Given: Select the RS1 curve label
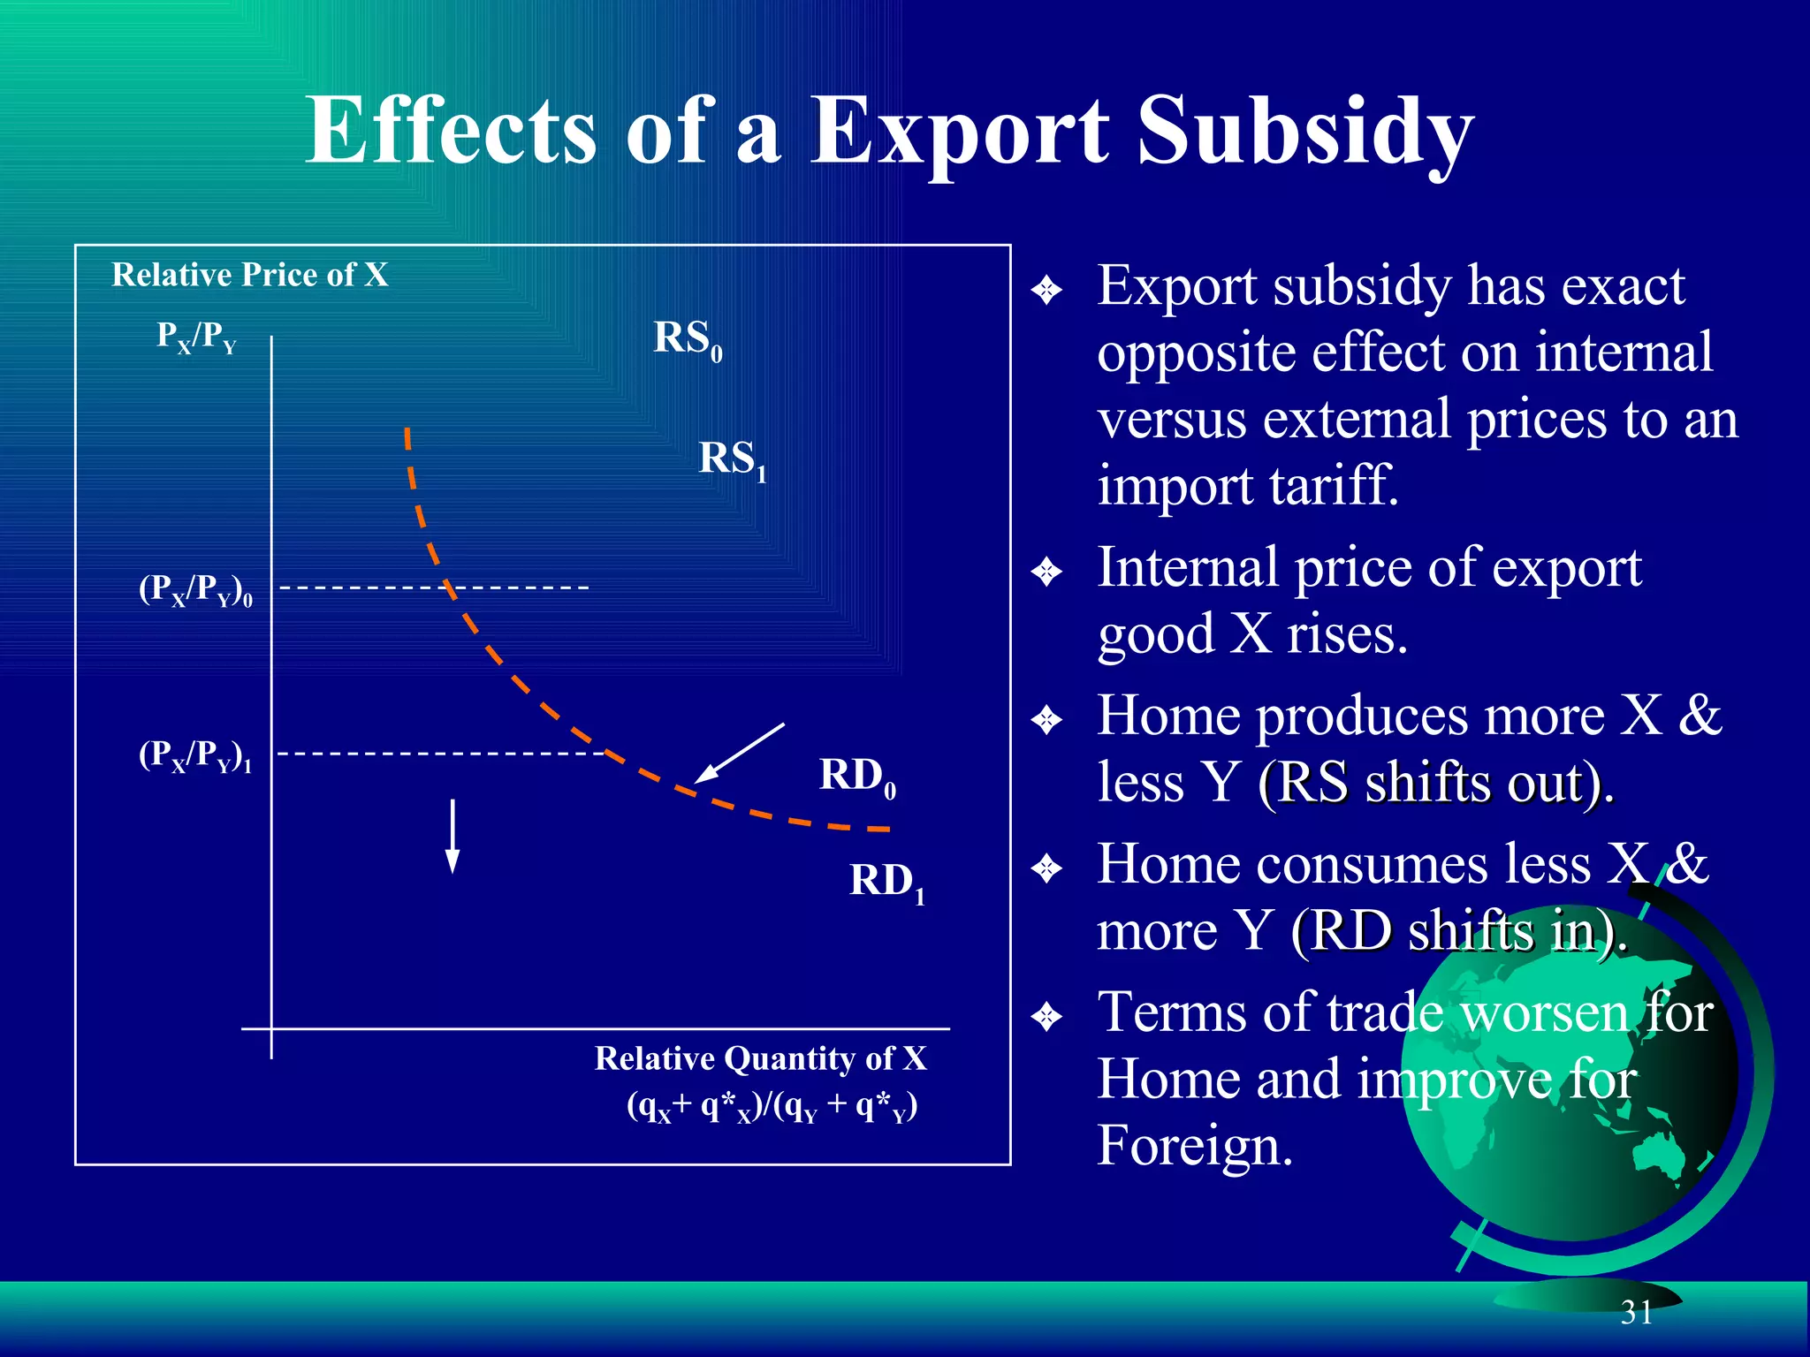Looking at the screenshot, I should coord(732,460).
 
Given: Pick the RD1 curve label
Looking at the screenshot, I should coord(886,882).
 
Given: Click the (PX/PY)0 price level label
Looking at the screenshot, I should coord(195,590).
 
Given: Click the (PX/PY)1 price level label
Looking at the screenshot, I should coord(195,756).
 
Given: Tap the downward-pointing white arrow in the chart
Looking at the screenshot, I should coord(452,836).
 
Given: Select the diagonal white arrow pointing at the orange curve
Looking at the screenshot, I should coord(739,753).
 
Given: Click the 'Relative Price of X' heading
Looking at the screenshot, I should coord(250,275).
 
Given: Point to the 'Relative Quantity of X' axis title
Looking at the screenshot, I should coord(760,1058).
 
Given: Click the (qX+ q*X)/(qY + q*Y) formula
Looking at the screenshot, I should coord(772,1106).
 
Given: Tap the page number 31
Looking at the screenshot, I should coord(1636,1313).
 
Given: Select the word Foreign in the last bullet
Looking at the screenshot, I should coord(1195,1146).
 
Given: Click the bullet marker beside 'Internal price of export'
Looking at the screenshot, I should coord(1046,572).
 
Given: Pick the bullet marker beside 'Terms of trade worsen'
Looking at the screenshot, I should coord(1046,1017).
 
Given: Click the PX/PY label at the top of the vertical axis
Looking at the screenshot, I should coord(196,337).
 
